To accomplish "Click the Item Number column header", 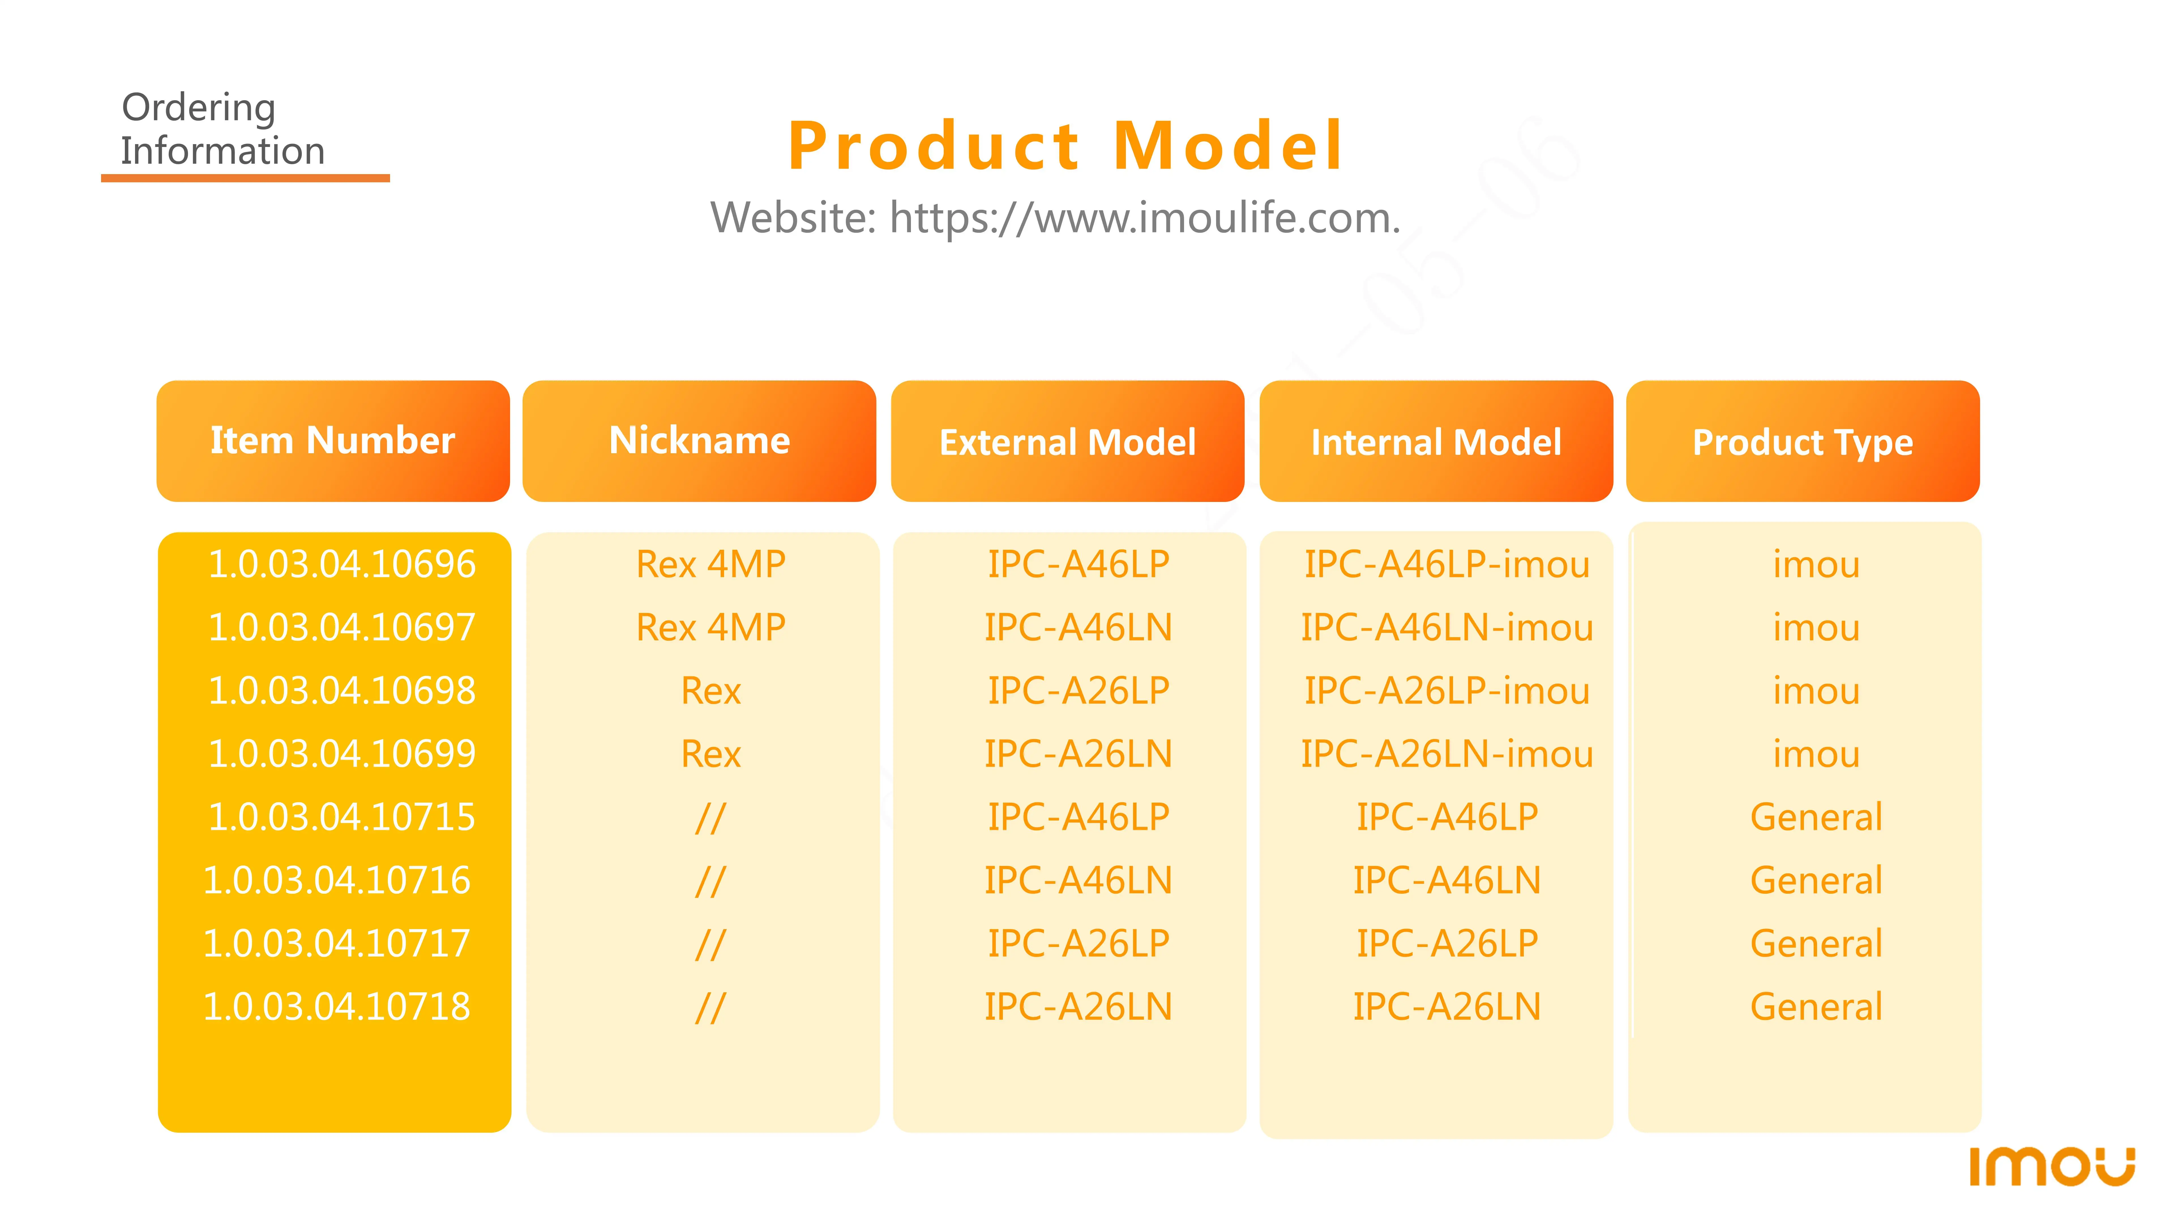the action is (333, 441).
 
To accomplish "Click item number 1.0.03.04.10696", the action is (342, 564).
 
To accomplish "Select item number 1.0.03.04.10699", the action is (342, 754).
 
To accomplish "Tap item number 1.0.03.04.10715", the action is (342, 817).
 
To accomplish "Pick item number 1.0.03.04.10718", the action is (337, 1006).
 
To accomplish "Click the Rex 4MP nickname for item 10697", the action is (711, 627).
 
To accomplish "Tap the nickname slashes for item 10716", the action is (711, 880).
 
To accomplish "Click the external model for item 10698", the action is (1079, 690).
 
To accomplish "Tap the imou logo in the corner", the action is (2052, 1166).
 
